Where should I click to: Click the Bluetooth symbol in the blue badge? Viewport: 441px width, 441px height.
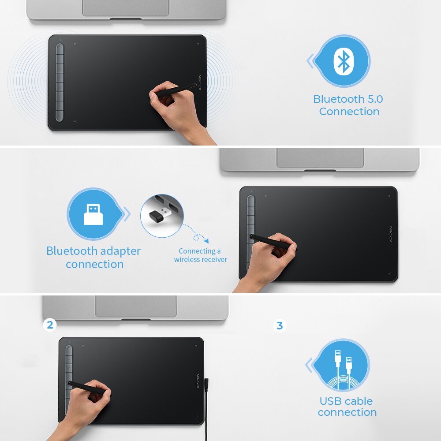pos(343,61)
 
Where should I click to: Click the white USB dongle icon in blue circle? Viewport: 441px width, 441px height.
pos(93,215)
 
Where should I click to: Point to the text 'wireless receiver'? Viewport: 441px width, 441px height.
pos(200,259)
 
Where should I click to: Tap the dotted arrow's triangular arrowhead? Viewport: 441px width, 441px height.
pos(206,241)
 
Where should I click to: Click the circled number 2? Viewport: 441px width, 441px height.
pos(50,325)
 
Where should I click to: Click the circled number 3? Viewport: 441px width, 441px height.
pos(279,326)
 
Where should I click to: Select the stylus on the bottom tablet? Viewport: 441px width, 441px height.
pos(88,388)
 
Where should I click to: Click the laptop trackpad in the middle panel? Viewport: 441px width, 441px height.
pos(320,157)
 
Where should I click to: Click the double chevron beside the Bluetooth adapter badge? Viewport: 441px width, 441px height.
pos(127,215)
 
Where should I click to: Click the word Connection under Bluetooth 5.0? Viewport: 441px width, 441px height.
pos(349,112)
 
